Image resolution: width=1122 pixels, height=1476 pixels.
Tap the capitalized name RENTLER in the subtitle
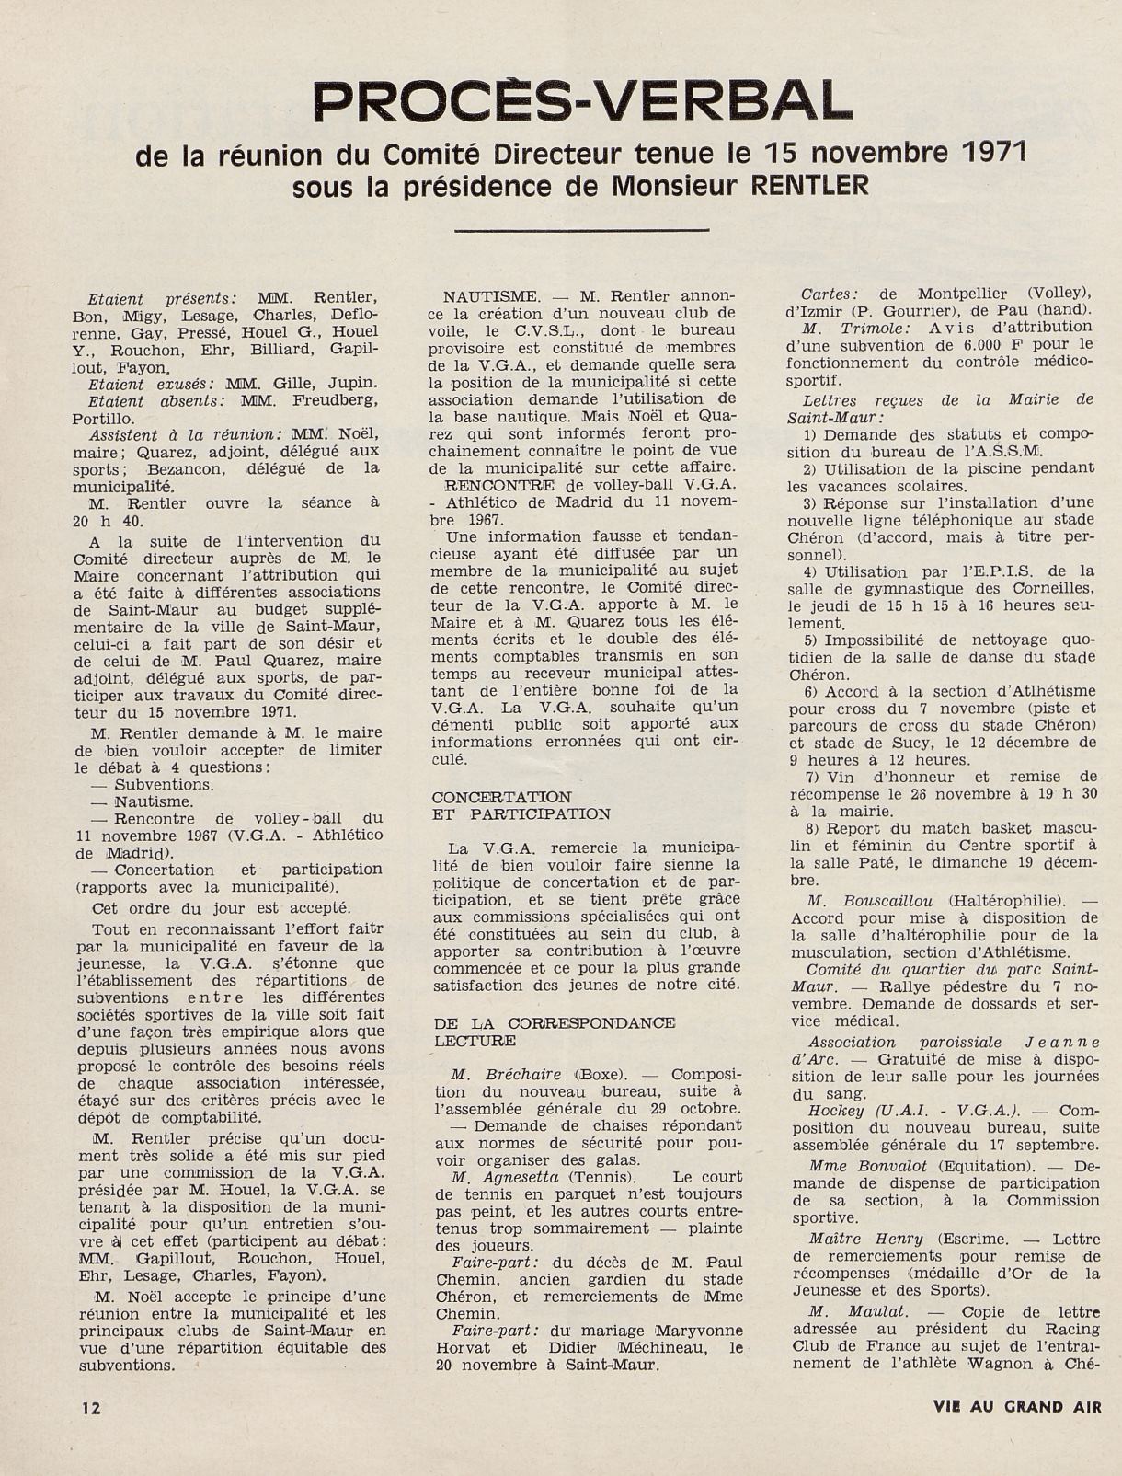(x=810, y=185)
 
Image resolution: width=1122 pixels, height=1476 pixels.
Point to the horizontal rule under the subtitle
(x=581, y=228)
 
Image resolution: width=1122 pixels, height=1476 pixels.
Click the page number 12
(x=90, y=1407)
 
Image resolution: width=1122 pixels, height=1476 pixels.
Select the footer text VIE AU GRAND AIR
(x=1015, y=1406)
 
